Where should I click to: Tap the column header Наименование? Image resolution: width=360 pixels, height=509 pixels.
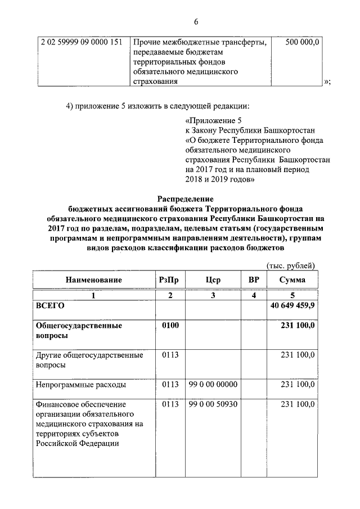93,280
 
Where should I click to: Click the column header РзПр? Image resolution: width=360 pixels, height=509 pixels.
170,280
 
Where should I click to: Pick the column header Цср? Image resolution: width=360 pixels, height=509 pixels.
213,280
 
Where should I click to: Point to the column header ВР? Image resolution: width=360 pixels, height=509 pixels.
253,280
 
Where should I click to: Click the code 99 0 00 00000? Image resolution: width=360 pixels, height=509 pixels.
213,385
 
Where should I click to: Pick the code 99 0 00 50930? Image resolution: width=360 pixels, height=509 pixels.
213,404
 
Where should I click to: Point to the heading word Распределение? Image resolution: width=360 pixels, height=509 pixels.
185,199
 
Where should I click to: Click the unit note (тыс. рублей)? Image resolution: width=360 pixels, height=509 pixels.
290,265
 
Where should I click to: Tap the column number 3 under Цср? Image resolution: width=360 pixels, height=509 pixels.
213,296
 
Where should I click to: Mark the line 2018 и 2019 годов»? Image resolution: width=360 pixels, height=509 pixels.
220,180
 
